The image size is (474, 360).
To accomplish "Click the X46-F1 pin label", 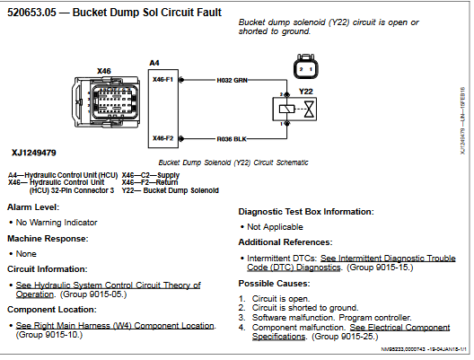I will click(163, 80).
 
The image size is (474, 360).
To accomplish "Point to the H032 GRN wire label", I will click(233, 80).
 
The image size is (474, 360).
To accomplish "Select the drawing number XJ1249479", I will click(34, 153).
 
